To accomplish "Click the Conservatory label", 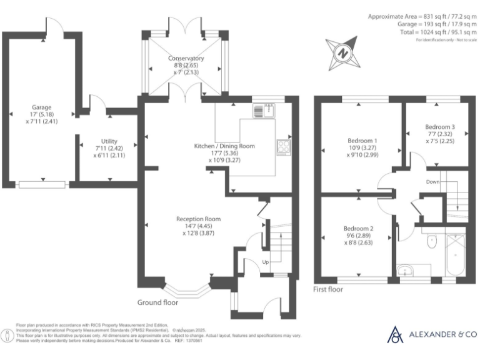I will [186, 59].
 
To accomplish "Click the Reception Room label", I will [198, 219].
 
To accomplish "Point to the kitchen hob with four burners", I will [283, 147].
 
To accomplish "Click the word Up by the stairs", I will [266, 261].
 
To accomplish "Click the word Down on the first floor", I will [433, 182].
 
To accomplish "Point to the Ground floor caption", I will [157, 302].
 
